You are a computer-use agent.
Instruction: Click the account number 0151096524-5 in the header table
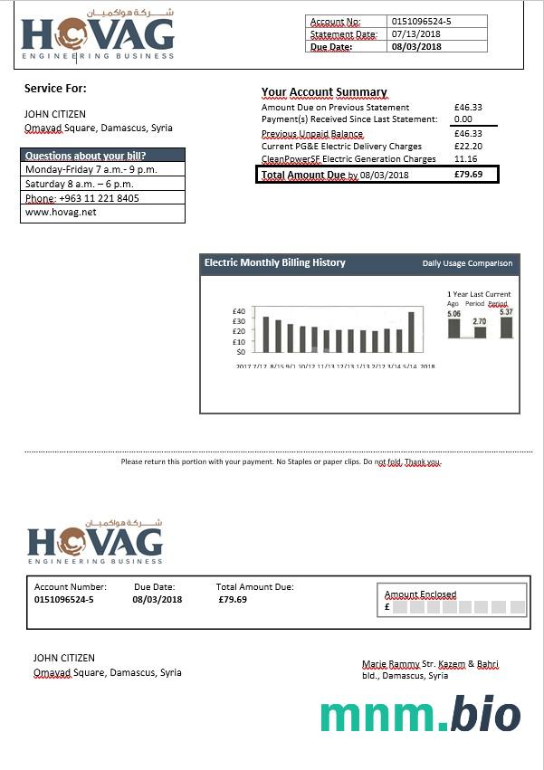click(422, 21)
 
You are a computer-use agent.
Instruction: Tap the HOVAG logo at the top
click(98, 36)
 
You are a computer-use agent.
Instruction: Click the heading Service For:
click(55, 88)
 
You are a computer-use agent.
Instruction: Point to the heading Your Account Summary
click(324, 92)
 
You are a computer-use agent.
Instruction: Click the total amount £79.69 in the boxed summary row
click(468, 175)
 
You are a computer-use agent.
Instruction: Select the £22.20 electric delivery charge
click(468, 147)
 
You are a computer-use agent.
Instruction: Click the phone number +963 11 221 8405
click(99, 198)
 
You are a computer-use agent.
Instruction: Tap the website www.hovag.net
click(61, 213)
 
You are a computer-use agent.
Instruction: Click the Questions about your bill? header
click(85, 156)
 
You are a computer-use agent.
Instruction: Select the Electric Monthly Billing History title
click(275, 263)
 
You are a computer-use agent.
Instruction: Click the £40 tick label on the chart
click(239, 311)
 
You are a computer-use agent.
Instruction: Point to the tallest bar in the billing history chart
click(411, 332)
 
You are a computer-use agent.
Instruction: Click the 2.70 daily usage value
click(480, 321)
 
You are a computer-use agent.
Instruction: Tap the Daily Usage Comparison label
click(467, 264)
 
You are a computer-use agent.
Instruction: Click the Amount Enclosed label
click(421, 594)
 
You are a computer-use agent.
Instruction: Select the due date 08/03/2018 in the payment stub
click(157, 599)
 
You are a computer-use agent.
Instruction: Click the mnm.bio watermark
click(420, 716)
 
